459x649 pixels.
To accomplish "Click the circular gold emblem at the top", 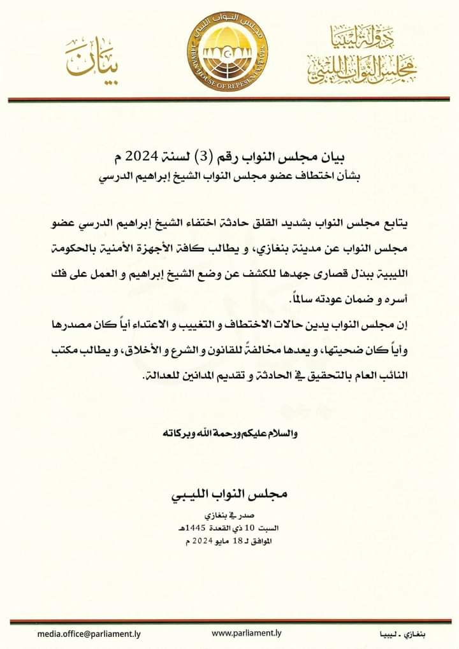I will (x=229, y=49).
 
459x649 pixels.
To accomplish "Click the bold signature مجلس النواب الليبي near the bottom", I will (x=229, y=494).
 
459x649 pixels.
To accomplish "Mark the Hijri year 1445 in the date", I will (x=200, y=528).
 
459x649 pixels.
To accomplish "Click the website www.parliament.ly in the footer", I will (x=246, y=633).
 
